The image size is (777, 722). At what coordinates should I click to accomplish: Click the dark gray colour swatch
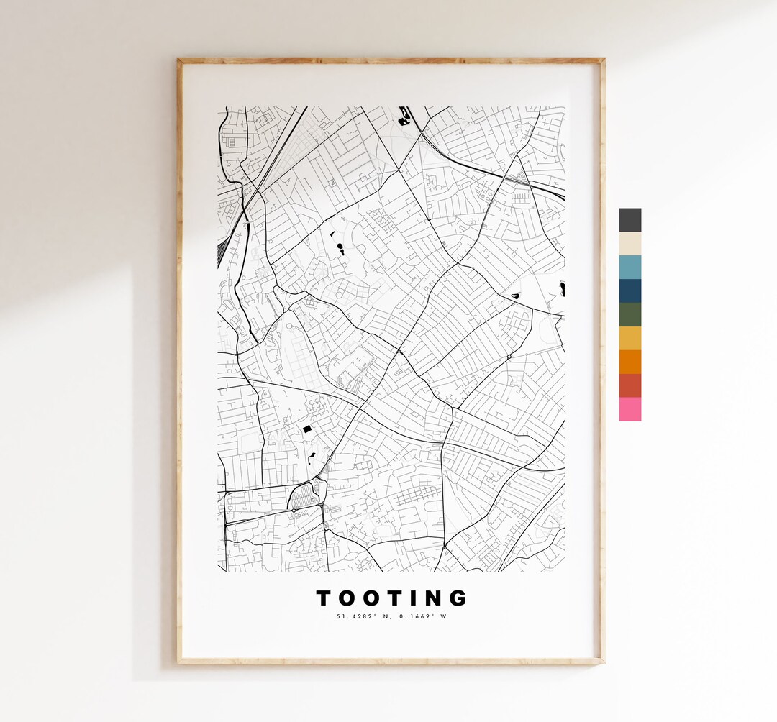click(x=630, y=220)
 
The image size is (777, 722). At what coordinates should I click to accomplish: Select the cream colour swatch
click(x=630, y=244)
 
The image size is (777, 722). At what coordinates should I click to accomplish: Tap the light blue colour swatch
click(x=630, y=268)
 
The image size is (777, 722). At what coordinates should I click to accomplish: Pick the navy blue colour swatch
click(x=630, y=291)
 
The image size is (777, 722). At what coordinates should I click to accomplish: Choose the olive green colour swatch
click(x=630, y=314)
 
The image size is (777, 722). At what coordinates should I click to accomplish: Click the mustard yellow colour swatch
click(x=630, y=338)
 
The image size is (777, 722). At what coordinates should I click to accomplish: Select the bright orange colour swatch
click(x=630, y=362)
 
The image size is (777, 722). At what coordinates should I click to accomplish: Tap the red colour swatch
click(x=630, y=385)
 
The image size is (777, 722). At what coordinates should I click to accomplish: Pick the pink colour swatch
click(x=630, y=409)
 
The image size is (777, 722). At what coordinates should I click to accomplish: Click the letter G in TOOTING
click(x=458, y=598)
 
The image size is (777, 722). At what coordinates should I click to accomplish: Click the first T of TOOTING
click(x=324, y=598)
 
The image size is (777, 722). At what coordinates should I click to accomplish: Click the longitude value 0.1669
click(x=413, y=616)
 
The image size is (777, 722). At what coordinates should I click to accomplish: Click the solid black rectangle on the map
click(x=307, y=429)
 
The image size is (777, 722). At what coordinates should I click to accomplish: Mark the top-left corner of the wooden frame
click(x=179, y=60)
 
